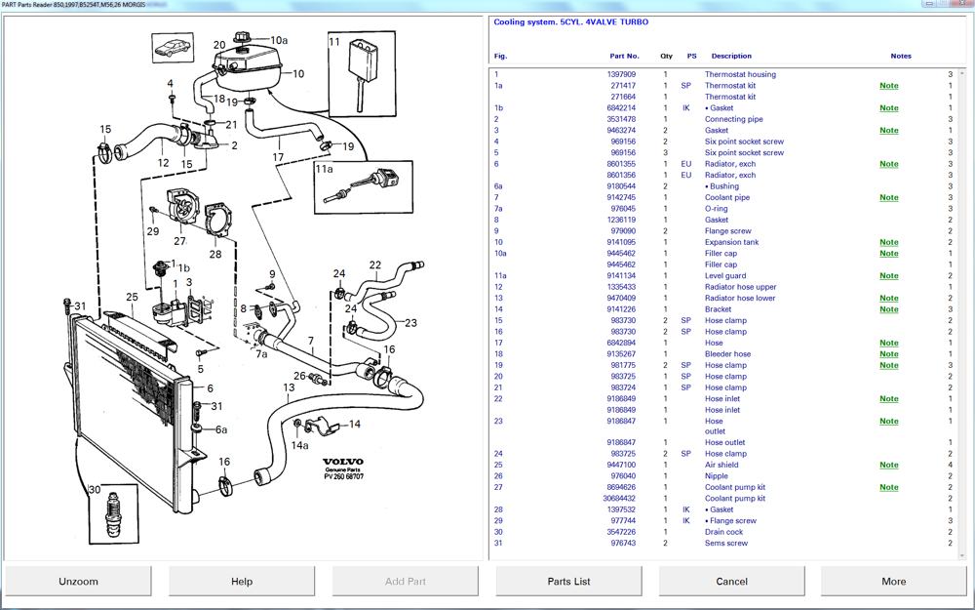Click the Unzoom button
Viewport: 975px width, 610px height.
click(x=78, y=581)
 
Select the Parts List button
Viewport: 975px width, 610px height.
click(x=568, y=581)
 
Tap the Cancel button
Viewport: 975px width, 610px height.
click(x=731, y=581)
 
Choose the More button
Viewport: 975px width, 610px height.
click(x=893, y=581)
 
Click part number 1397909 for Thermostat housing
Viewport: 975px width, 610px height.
click(x=622, y=74)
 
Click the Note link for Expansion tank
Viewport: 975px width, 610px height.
click(x=888, y=242)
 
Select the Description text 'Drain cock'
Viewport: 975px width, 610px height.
click(x=723, y=532)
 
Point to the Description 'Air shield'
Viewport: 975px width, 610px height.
click(x=721, y=466)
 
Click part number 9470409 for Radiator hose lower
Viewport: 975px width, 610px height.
click(x=622, y=299)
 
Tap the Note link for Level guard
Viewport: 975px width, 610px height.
click(x=888, y=276)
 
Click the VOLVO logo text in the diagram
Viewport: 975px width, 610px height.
click(x=343, y=462)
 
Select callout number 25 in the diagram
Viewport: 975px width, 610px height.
click(x=132, y=297)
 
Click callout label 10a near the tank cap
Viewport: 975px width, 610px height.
click(x=279, y=40)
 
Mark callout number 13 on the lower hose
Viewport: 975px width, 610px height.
click(x=289, y=388)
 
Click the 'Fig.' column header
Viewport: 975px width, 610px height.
click(x=500, y=56)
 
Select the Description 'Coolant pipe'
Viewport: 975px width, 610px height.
click(x=727, y=197)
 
